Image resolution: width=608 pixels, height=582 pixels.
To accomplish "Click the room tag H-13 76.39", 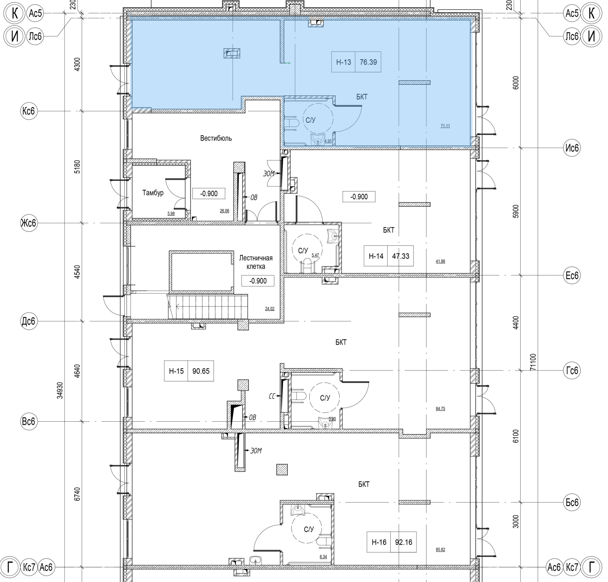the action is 356,62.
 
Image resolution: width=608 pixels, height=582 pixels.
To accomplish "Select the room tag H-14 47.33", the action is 389,256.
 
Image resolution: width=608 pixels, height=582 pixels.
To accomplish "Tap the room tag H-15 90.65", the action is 189,371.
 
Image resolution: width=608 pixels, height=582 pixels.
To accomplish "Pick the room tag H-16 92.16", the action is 392,542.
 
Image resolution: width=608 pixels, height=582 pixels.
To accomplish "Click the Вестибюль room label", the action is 216,138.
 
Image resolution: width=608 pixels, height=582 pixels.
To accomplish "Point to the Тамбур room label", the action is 153,193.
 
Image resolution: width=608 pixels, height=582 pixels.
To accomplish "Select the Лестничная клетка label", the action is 256,262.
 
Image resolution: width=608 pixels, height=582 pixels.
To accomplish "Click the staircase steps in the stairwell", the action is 208,307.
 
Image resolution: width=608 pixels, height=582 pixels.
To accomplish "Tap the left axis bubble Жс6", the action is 29,223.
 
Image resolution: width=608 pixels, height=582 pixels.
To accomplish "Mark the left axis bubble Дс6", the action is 29,321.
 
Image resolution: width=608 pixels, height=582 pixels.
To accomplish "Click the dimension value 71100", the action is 533,362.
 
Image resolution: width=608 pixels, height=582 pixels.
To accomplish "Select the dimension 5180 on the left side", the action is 78,167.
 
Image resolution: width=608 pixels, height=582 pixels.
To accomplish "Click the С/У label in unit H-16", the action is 309,529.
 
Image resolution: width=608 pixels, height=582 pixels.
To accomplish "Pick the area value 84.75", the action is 440,409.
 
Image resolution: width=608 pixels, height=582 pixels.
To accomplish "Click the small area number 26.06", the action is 225,211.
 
